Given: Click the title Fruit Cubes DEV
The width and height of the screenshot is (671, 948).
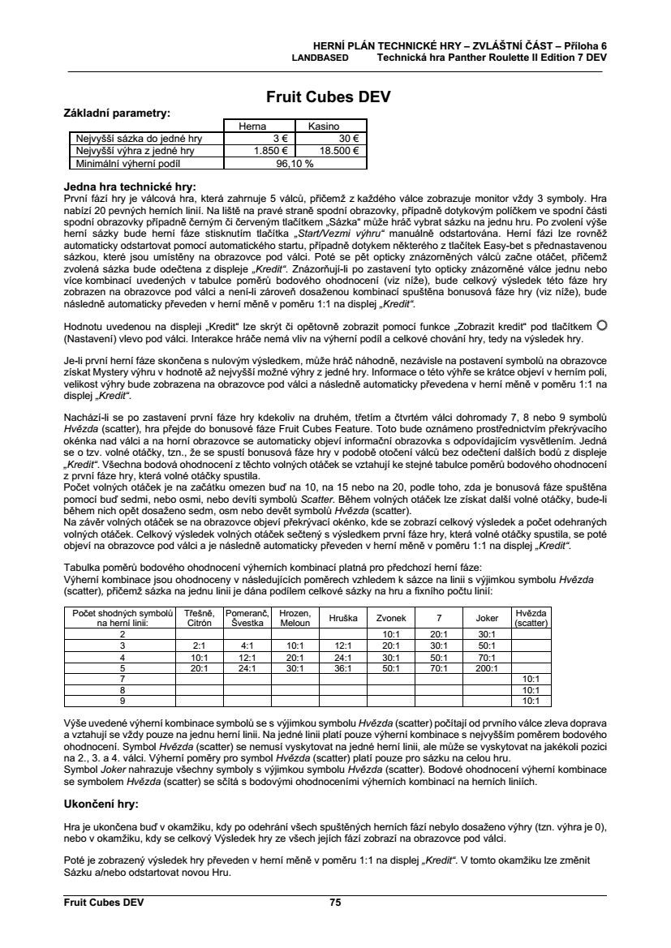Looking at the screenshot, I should coord(329,97).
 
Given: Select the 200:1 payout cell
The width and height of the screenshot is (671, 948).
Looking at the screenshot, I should coord(487,667).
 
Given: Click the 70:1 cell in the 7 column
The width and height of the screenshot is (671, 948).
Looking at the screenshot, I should coord(439,667).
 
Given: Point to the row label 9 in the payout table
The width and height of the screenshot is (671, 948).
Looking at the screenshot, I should coord(122,700).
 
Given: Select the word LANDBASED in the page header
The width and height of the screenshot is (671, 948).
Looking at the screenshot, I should coord(320,58).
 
